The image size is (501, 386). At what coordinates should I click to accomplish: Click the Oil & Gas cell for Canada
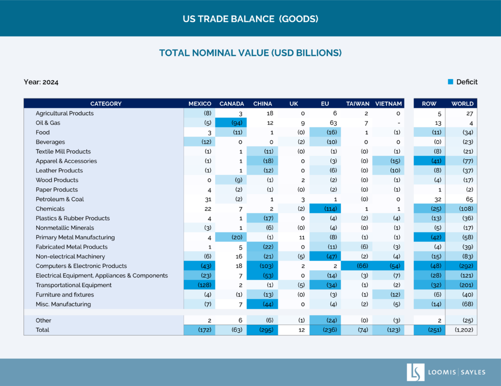(231, 123)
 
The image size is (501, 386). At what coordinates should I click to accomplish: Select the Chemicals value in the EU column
(325, 209)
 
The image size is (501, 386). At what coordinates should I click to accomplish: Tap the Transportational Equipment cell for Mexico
(200, 285)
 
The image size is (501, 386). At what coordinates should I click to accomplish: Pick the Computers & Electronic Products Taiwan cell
(357, 266)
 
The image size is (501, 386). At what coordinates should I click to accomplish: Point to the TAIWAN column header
(358, 104)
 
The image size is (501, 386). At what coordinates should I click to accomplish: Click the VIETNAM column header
(388, 104)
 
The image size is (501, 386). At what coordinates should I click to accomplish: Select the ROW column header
(429, 104)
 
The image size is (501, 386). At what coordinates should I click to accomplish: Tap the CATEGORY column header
(106, 104)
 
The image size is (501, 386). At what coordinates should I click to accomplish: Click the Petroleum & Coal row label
(60, 199)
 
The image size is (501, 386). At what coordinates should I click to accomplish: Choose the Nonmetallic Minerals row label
(65, 228)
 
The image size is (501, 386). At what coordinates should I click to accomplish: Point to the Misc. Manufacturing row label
(63, 304)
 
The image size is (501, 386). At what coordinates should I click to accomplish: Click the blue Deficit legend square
(451, 82)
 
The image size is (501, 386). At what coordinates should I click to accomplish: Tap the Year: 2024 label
(41, 82)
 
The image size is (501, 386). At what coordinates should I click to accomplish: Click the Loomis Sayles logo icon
(415, 372)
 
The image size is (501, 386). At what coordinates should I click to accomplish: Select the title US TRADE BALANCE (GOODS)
(250, 19)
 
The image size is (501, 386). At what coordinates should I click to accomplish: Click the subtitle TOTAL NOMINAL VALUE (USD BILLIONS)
(250, 53)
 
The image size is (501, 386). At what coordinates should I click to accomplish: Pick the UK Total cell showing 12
(294, 330)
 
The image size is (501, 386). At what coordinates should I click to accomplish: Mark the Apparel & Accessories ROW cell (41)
(430, 161)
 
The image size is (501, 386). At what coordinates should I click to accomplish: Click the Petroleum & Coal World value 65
(461, 199)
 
